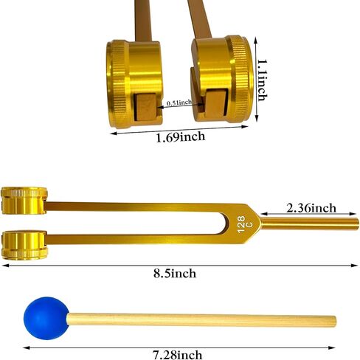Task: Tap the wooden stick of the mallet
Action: click(201, 320)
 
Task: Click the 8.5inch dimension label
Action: click(175, 274)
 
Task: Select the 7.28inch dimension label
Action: click(178, 355)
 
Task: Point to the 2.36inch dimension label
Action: click(311, 208)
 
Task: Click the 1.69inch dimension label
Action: click(181, 136)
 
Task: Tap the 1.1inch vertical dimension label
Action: click(262, 80)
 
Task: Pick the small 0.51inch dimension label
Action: click(179, 103)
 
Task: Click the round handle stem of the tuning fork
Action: click(309, 224)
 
